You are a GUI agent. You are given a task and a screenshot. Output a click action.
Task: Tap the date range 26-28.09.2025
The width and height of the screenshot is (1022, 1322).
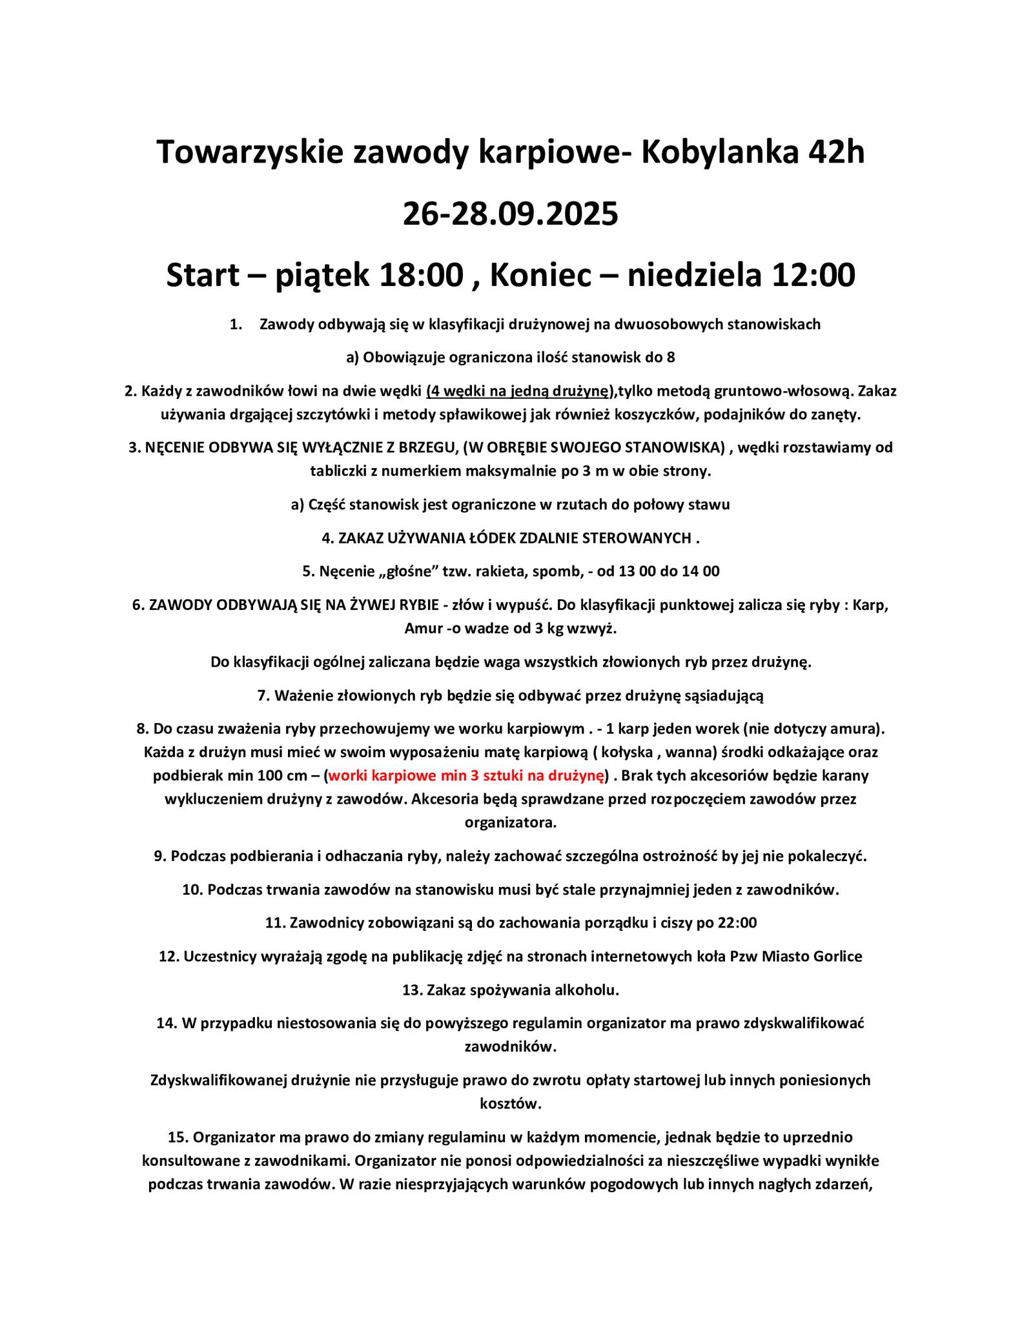tap(511, 214)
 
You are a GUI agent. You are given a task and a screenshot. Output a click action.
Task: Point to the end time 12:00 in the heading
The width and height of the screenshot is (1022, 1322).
tap(810, 275)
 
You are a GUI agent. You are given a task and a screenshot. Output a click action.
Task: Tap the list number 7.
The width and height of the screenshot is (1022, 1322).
tap(262, 695)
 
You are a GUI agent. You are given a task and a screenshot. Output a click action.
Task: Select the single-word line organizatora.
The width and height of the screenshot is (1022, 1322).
tap(511, 823)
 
